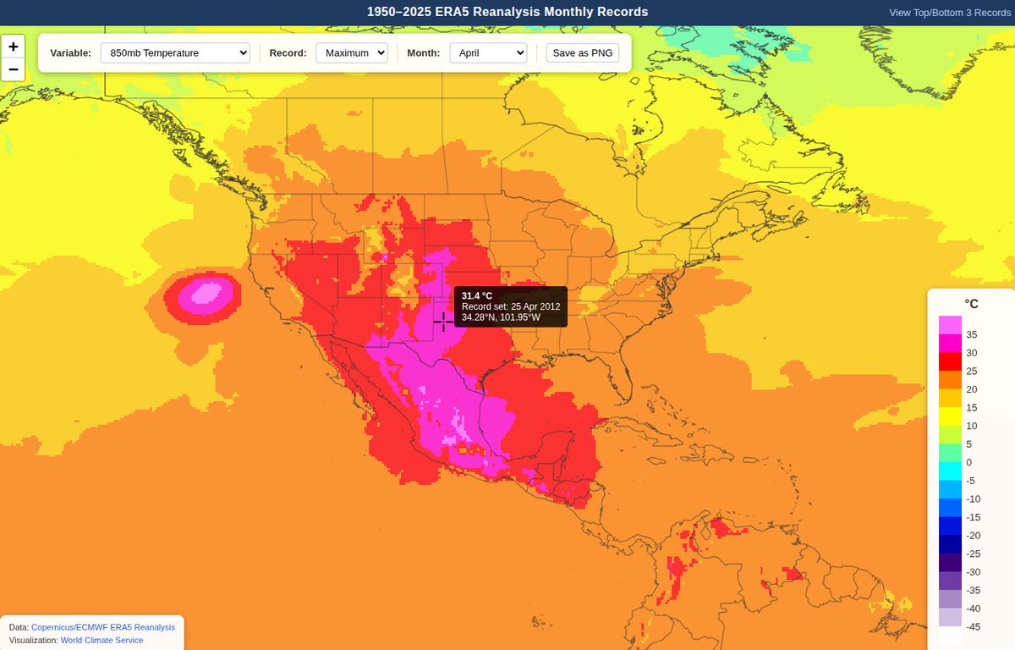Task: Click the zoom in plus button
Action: (x=13, y=47)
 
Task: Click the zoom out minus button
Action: (x=13, y=69)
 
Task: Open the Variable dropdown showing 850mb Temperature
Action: (x=175, y=52)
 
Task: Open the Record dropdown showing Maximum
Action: (x=351, y=52)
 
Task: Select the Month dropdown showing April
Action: (x=488, y=52)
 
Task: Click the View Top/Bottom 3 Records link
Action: (x=950, y=13)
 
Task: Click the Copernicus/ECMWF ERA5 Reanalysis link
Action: (x=103, y=627)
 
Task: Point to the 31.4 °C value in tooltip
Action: (x=477, y=295)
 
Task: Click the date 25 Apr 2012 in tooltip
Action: (x=535, y=306)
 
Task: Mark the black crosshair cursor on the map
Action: (x=443, y=322)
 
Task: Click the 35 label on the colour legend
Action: (x=972, y=334)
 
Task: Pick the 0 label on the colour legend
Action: (x=969, y=462)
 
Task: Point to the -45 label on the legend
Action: (x=974, y=626)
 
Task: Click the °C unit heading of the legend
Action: (x=971, y=304)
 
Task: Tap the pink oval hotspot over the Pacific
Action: (x=203, y=295)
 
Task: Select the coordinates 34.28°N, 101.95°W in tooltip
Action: (x=506, y=317)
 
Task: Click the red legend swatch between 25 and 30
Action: (x=950, y=361)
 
